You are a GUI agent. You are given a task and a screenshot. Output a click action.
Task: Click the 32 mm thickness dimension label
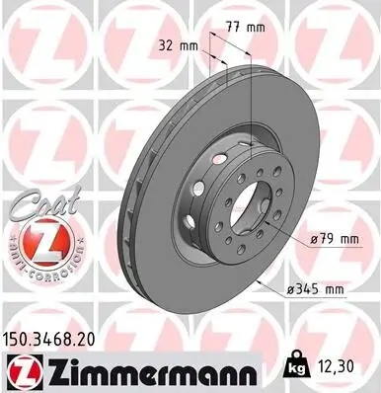pyautogui.click(x=179, y=45)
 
